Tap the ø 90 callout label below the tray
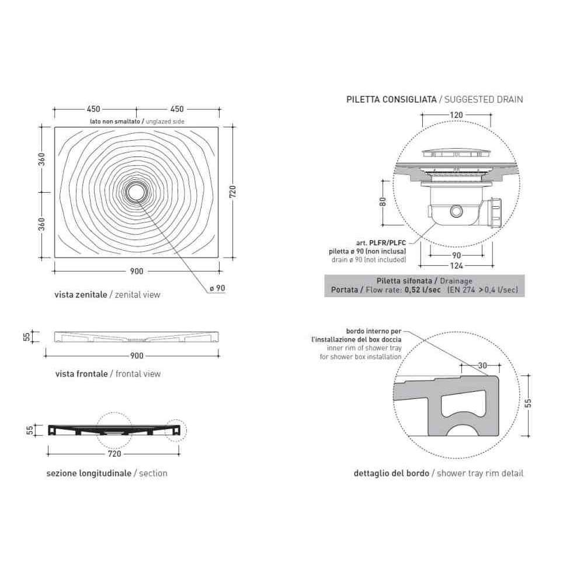[217, 288]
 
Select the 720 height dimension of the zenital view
[232, 192]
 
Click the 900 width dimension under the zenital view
[137, 271]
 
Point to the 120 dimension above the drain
[456, 115]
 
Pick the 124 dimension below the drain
[456, 266]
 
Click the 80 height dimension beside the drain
[383, 202]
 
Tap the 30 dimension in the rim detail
[482, 366]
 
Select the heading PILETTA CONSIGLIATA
[391, 99]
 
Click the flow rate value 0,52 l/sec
[423, 290]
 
